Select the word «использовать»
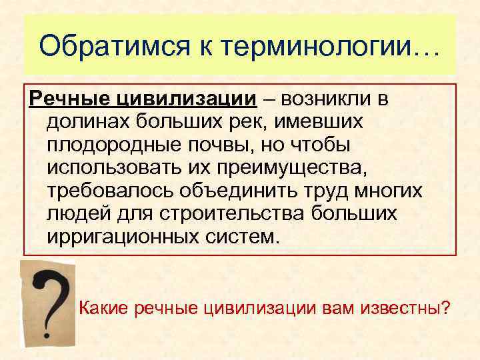117,169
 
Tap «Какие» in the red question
104,309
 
